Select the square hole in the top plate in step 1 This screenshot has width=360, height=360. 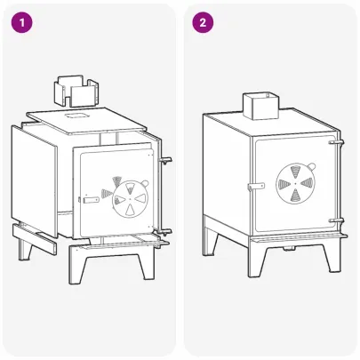click(76, 116)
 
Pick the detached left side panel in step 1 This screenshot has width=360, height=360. click(33, 178)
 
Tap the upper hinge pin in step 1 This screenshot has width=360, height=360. click(166, 160)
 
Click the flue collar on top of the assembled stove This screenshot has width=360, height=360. click(260, 108)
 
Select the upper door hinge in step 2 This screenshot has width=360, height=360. click(336, 142)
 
